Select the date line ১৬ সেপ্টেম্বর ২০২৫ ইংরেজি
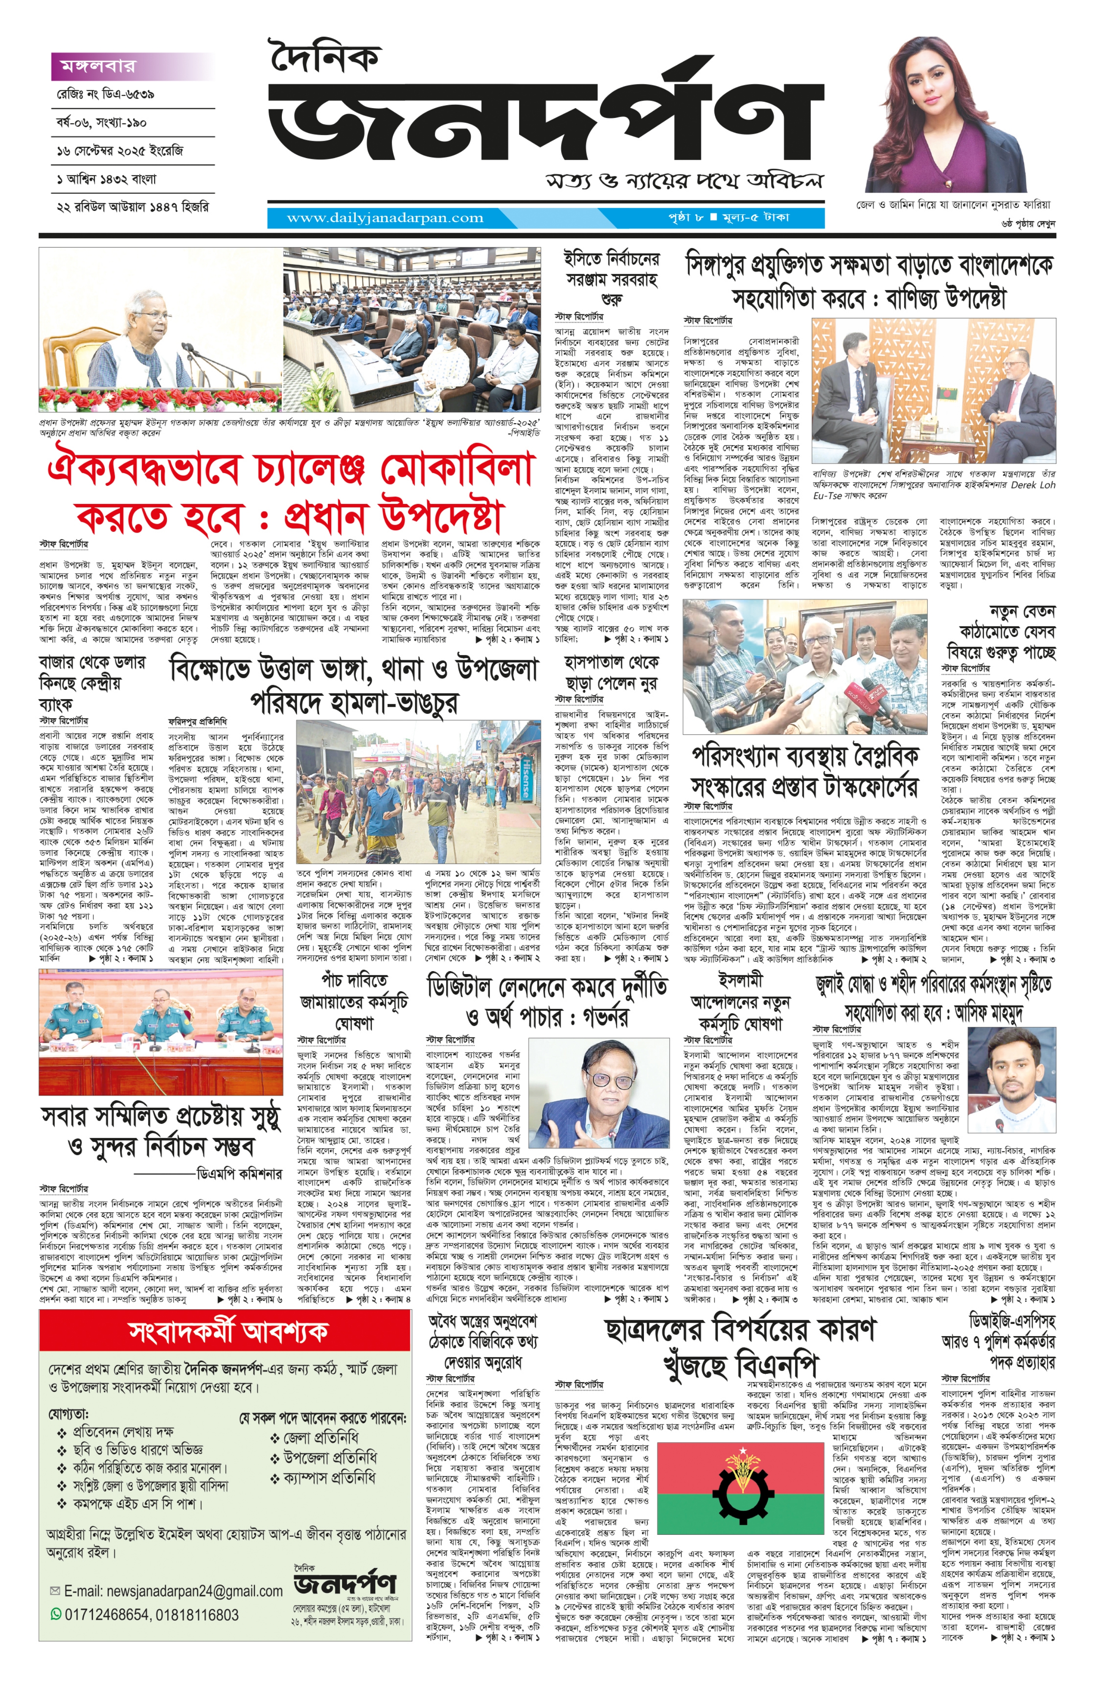tap(120, 151)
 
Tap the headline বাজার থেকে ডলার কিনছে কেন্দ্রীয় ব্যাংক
tap(92, 682)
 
